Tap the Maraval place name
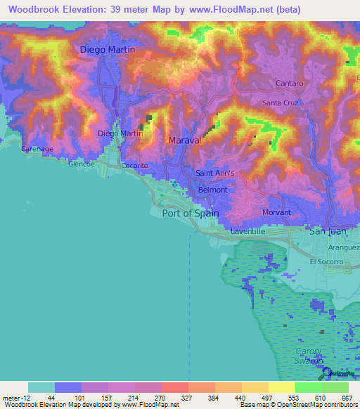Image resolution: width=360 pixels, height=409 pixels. pos(186,141)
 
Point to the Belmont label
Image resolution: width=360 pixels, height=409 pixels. pos(213,190)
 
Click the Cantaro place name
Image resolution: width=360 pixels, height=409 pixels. pos(290,84)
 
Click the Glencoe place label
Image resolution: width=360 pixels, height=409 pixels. pos(81,163)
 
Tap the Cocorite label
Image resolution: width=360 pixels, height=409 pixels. pos(134,166)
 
